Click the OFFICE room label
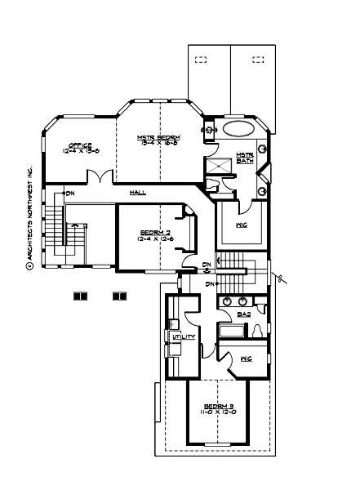pos(80,145)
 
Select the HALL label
pos(139,192)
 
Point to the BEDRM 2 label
pos(155,232)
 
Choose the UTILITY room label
pos(182,336)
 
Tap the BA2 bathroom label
pos(243,313)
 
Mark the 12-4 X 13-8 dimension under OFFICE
pos(80,151)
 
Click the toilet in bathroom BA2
pos(258,331)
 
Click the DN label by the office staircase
pos(71,194)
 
